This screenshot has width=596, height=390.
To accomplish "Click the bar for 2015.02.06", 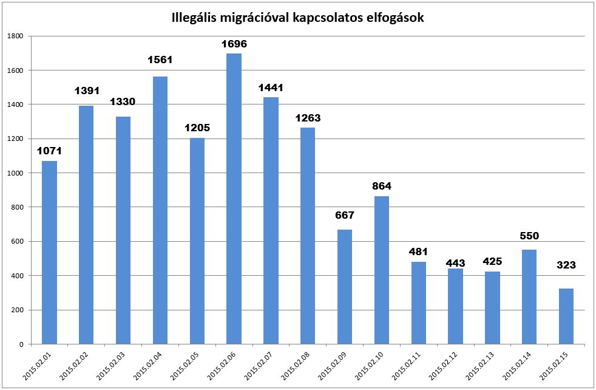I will click(234, 199).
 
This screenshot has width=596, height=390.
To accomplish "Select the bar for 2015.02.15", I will click(566, 316).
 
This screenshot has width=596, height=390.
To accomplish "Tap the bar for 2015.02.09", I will click(344, 287).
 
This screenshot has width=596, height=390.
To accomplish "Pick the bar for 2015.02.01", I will click(49, 252).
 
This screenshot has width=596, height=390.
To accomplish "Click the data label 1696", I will click(234, 44).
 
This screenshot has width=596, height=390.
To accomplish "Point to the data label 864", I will click(381, 186).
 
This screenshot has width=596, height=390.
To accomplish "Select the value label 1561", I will click(160, 60).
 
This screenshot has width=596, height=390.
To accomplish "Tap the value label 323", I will click(566, 265).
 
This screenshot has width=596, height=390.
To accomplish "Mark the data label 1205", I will click(197, 128).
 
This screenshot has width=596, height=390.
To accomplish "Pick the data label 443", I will click(455, 263).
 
